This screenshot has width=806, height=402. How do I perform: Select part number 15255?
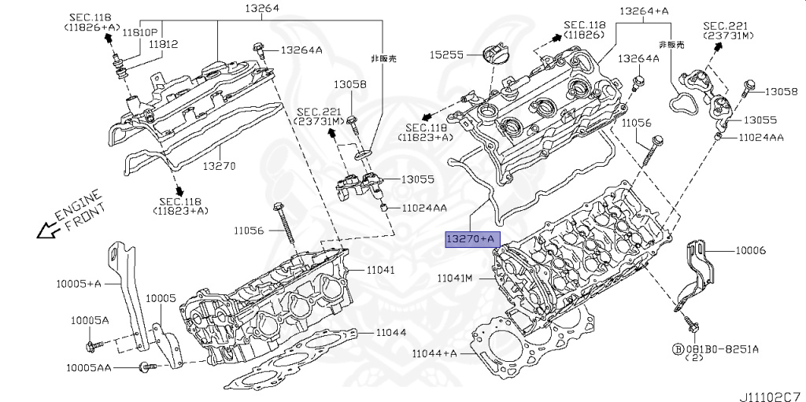pyautogui.click(x=446, y=56)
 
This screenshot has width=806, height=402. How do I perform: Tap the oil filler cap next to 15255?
pyautogui.click(x=491, y=56)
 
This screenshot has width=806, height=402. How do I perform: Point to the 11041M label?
pyautogui.click(x=456, y=278)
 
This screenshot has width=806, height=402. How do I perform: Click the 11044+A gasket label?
pyautogui.click(x=434, y=353)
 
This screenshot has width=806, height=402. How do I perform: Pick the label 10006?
pyautogui.click(x=751, y=250)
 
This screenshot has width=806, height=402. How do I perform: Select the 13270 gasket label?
pyautogui.click(x=220, y=166)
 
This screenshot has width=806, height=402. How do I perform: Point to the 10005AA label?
pyautogui.click(x=89, y=367)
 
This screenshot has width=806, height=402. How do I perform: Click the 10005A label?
pyautogui.click(x=91, y=320)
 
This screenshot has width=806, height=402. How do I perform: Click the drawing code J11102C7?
pyautogui.click(x=770, y=389)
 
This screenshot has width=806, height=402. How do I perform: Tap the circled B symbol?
pyautogui.click(x=676, y=348)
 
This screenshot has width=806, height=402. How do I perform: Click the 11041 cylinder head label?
pyautogui.click(x=380, y=270)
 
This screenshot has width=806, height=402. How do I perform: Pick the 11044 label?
pyautogui.click(x=390, y=332)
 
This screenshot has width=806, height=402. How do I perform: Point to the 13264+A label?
pyautogui.click(x=644, y=11)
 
